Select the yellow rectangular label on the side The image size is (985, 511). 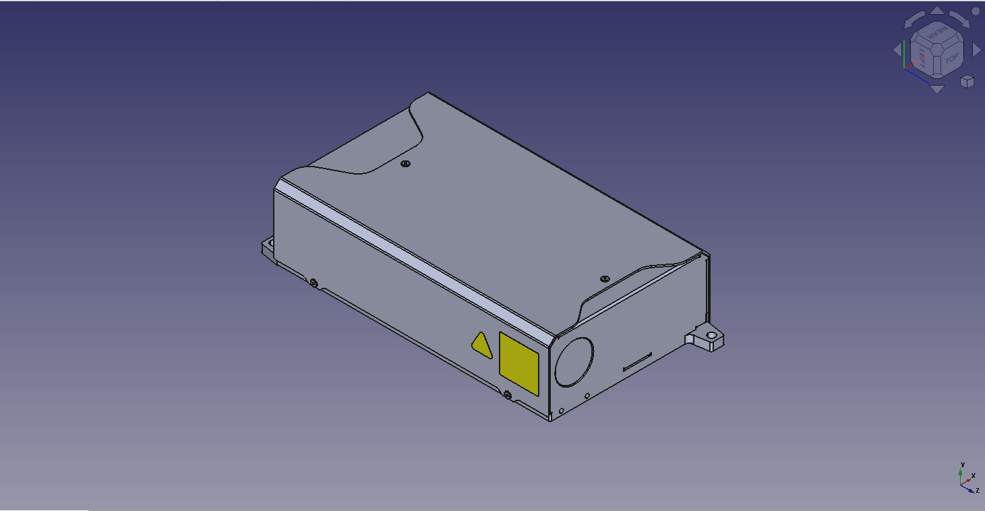(x=518, y=363)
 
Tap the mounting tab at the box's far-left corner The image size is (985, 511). (x=268, y=246)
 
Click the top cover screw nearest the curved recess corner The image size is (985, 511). (x=405, y=164)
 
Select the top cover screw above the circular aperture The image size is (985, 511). (x=604, y=278)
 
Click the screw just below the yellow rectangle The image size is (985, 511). (x=507, y=395)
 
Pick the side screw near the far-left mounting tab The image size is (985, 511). (x=314, y=282)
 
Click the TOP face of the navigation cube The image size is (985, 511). (x=951, y=59)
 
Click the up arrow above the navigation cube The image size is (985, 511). (x=937, y=11)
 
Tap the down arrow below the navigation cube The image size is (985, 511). (x=936, y=88)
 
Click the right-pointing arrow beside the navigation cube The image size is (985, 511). (x=976, y=49)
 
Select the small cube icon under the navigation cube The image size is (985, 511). (x=967, y=81)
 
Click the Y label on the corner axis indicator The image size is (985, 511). (x=963, y=464)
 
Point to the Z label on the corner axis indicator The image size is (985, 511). (x=977, y=490)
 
